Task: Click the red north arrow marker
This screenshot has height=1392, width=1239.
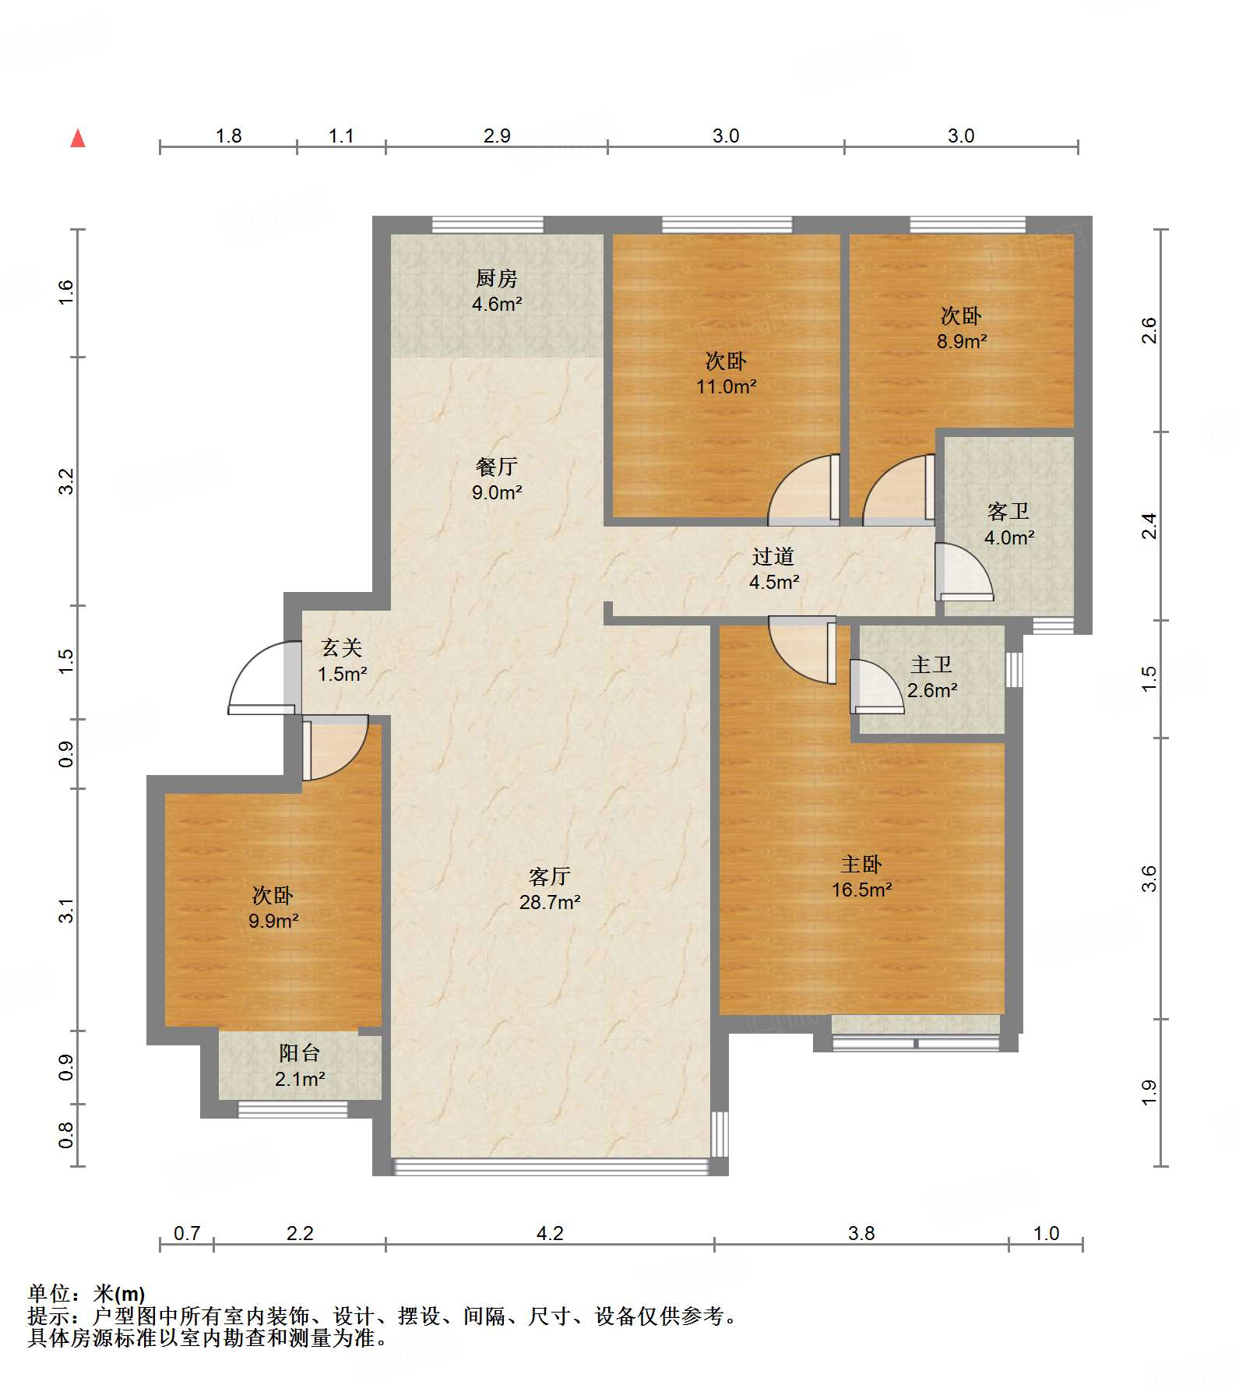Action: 78,138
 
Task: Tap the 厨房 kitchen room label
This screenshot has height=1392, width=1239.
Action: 496,278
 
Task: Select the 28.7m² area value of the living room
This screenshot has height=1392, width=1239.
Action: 550,902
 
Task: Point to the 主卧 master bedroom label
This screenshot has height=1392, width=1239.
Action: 861,864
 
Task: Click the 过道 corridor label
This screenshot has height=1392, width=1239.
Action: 773,556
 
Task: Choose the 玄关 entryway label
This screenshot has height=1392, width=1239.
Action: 342,647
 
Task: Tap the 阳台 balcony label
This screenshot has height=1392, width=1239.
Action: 300,1052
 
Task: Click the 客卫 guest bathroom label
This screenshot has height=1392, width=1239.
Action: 1008,511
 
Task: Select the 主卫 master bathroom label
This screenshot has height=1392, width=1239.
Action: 931,664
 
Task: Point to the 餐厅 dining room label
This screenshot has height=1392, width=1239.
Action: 496,467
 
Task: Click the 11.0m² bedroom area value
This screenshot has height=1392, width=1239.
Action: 727,386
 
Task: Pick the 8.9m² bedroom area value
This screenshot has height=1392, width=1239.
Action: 962,341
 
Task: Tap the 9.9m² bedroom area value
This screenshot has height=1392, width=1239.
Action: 273,921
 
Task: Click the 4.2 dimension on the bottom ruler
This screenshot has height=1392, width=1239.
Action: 550,1233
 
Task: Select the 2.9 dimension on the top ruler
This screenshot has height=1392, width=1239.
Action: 497,136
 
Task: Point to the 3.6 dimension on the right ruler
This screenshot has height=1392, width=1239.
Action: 1149,879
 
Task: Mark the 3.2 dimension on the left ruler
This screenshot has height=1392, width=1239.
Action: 66,481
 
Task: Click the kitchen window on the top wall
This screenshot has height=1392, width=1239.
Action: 488,225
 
